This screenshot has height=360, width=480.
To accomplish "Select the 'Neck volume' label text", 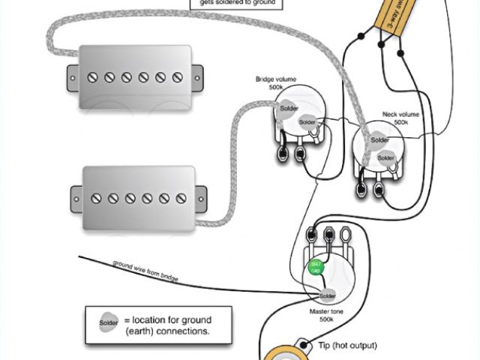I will pos(401,114).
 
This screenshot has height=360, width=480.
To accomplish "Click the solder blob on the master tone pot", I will pos(328,295).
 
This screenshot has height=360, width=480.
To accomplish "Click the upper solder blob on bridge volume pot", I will pos(289,109).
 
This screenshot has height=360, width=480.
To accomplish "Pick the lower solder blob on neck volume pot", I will pos(385,157).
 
